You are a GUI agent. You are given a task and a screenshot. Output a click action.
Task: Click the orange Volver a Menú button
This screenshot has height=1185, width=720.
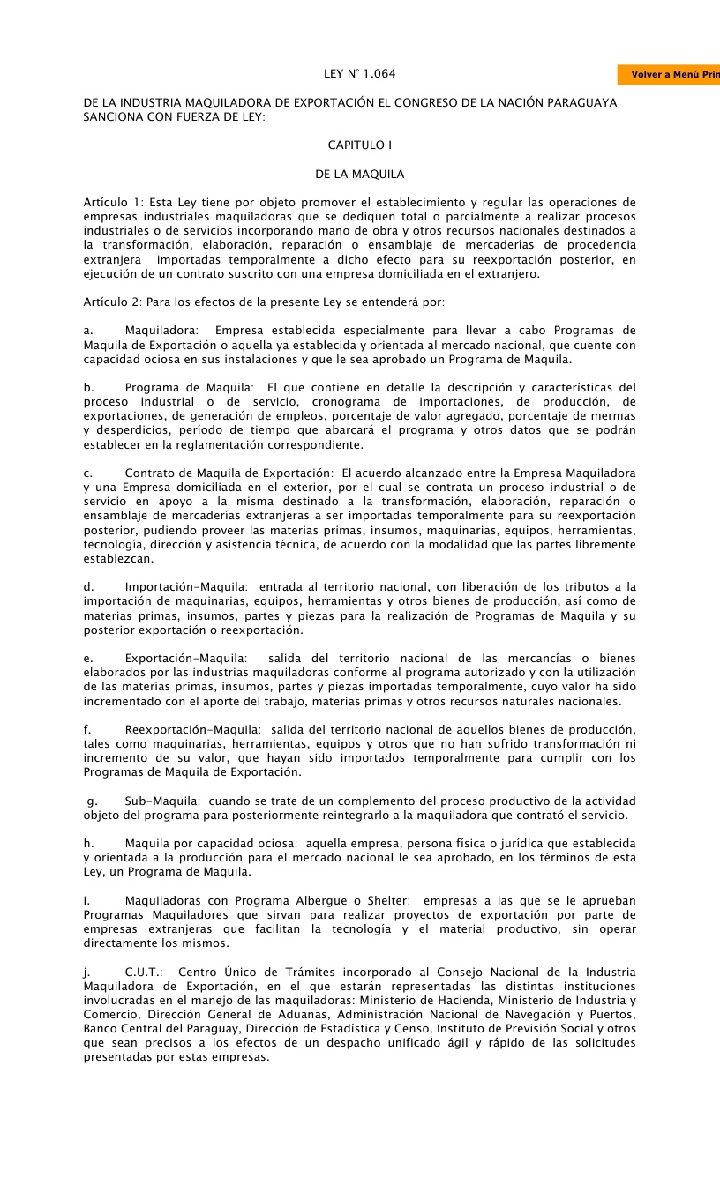point(670,75)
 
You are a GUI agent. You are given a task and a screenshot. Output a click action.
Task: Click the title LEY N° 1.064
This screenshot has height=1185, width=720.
point(359,74)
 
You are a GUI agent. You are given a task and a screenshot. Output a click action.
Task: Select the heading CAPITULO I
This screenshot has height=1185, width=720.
point(359,144)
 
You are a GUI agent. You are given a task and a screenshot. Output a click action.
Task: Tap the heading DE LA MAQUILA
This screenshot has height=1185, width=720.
point(359,175)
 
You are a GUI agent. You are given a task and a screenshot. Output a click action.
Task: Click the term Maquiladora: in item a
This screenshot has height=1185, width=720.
point(161,331)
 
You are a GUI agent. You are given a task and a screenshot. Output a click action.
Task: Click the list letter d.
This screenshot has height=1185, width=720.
point(88,586)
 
